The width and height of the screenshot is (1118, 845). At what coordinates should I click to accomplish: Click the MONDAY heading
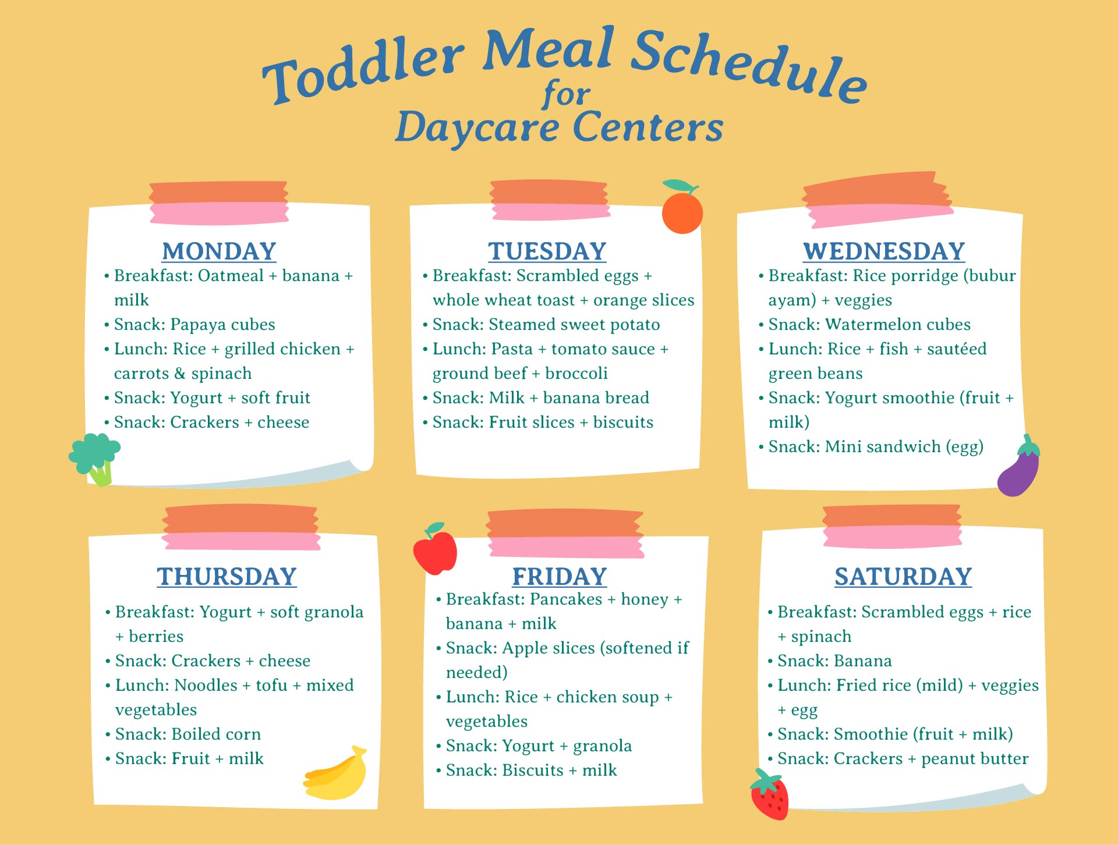219,251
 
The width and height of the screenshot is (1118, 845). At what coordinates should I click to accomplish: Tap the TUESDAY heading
547,251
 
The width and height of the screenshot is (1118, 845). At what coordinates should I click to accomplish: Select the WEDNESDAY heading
884,251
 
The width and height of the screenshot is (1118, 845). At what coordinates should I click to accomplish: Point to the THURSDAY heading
227,577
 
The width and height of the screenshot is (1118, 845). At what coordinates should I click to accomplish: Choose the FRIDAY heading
560,577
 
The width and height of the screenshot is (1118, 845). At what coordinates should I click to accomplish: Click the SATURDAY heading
903,577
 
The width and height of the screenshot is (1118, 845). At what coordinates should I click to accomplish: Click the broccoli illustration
95,457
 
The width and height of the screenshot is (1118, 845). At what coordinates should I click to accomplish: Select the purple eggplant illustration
1019,469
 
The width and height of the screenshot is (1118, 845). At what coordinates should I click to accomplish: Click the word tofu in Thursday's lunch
271,686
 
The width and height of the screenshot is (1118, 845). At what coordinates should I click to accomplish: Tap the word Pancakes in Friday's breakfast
566,599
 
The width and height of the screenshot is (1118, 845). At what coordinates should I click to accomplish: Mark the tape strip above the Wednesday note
877,200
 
